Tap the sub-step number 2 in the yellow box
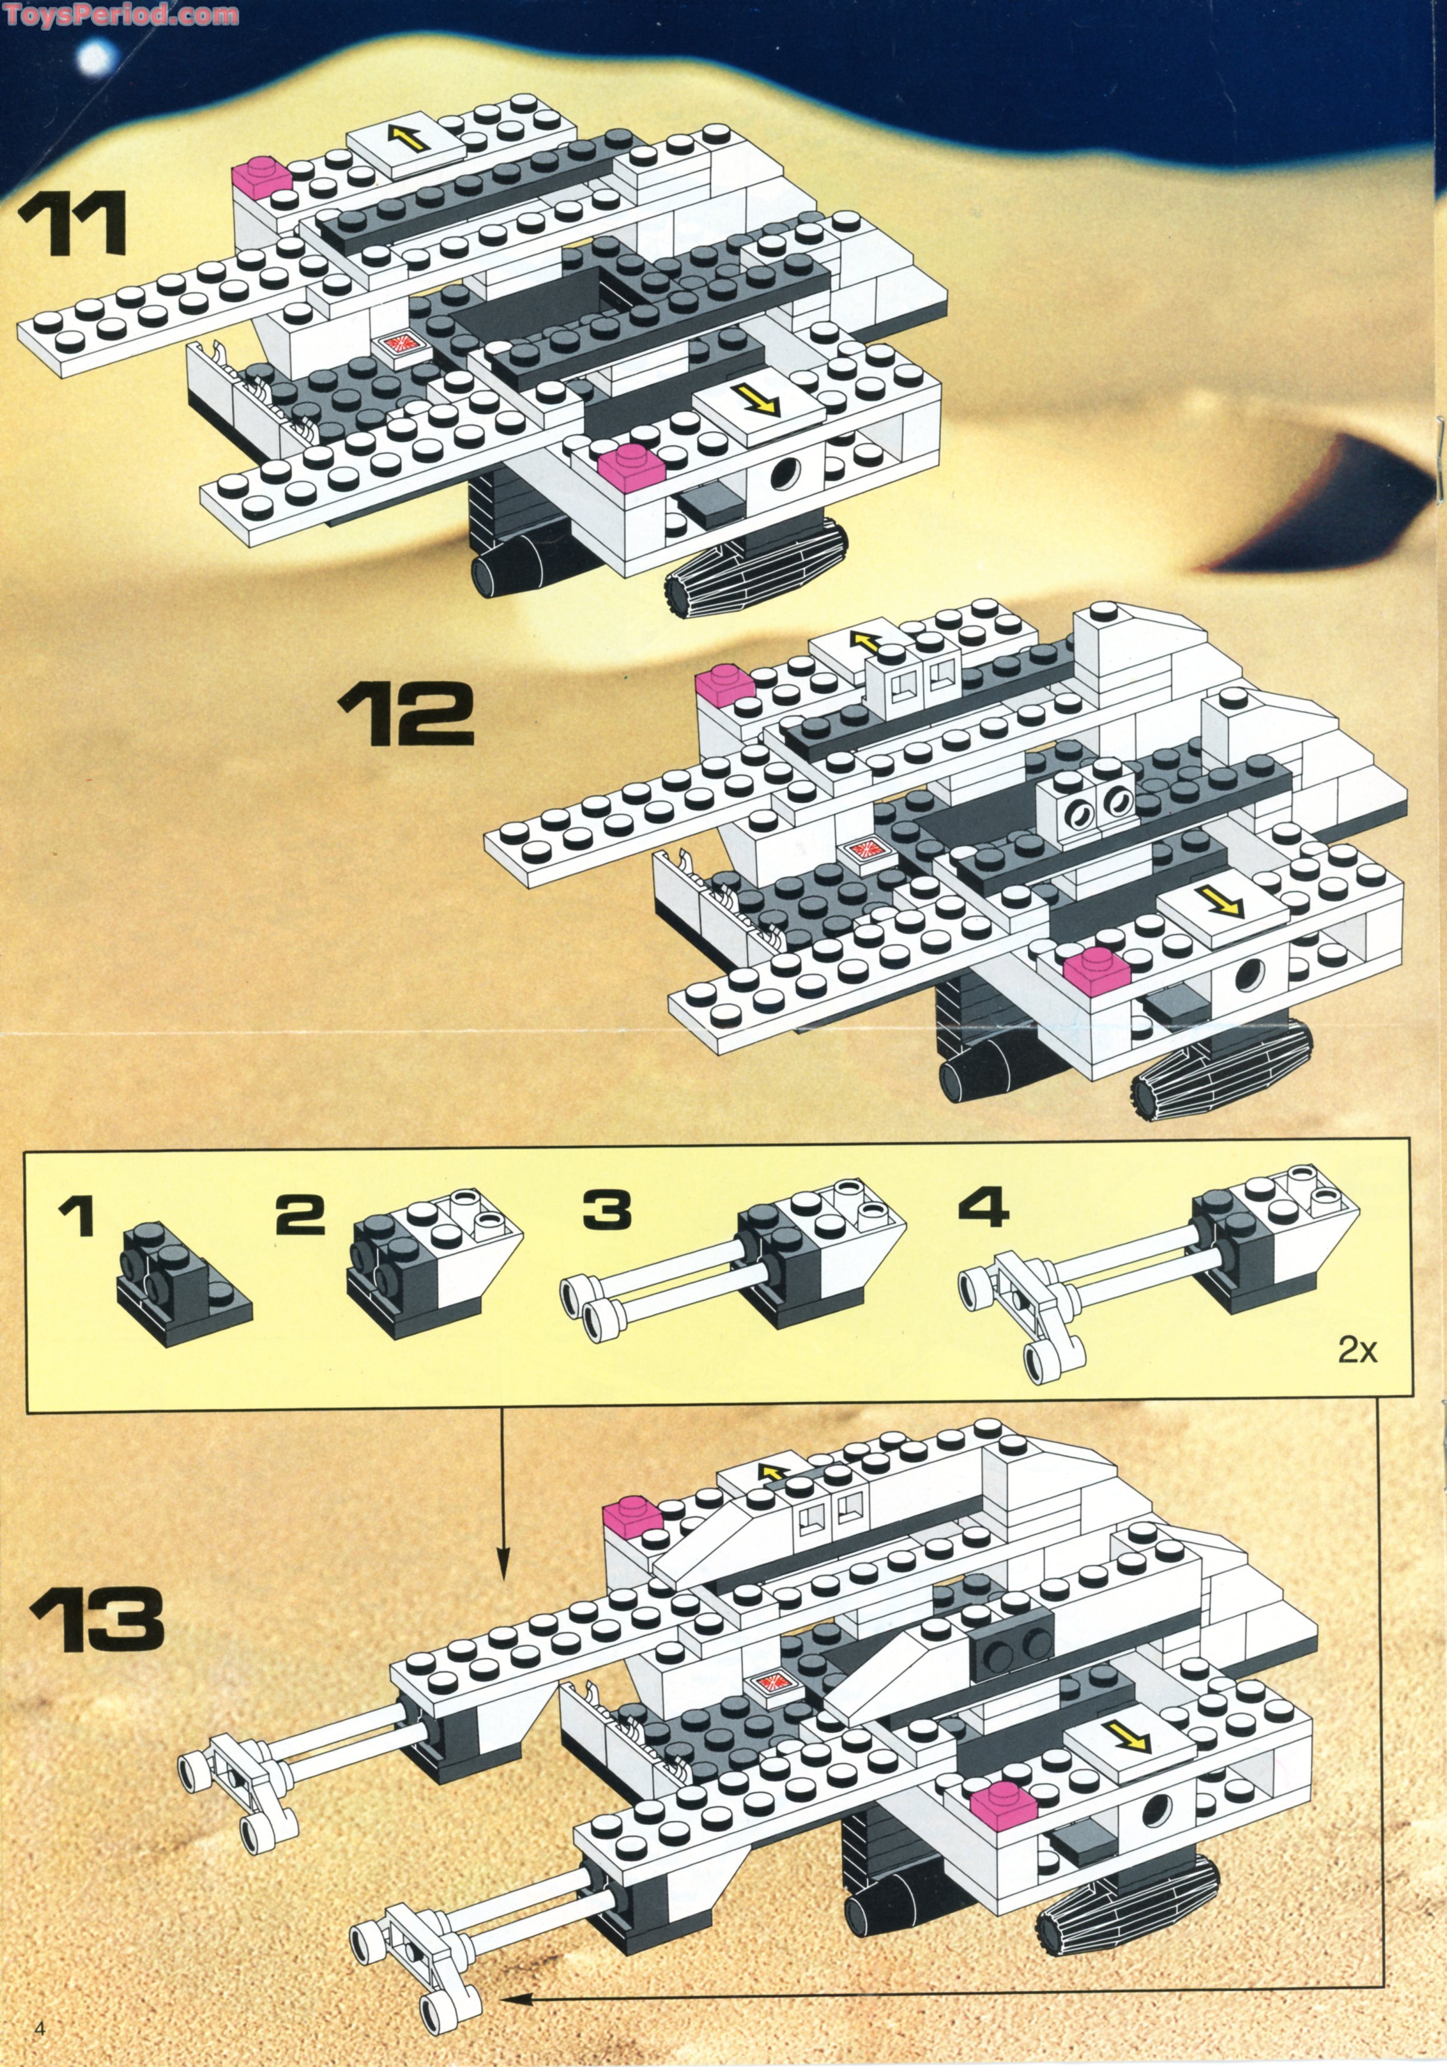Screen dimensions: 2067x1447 click(300, 1215)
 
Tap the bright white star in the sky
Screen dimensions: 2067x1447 click(92, 58)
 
